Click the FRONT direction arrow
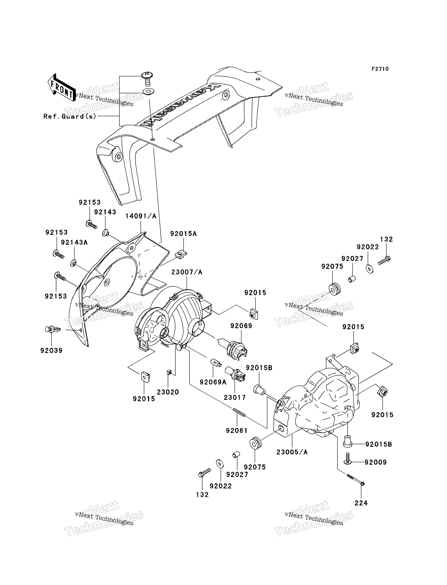61,87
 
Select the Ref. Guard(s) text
70,116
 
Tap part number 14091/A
141,216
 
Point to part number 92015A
183,233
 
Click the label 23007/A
187,272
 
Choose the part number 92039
51,351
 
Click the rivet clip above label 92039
53,329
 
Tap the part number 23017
235,397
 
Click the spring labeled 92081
239,412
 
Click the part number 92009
375,462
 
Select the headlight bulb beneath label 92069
232,347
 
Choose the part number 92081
237,430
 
